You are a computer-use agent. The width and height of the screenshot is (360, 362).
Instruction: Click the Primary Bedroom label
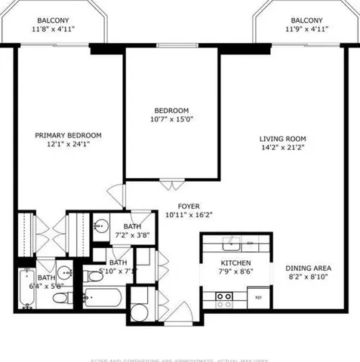pos(68,136)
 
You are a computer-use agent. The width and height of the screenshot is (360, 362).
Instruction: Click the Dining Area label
pos(308,268)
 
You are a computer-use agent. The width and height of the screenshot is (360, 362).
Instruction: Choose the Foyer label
pos(189,205)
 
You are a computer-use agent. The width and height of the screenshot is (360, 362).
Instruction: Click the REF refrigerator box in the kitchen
pos(258,297)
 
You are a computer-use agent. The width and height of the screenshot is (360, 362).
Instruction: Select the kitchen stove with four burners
pos(224,299)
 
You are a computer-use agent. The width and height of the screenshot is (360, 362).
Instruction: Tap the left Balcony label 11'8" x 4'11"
pos(53,25)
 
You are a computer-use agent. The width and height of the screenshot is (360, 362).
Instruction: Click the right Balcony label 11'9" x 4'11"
pos(304,25)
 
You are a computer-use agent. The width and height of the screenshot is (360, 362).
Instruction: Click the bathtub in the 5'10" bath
pos(102,297)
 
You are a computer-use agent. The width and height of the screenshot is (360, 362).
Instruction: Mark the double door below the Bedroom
pos(171,183)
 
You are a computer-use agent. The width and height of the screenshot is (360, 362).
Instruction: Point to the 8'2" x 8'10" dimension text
pos(308,278)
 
